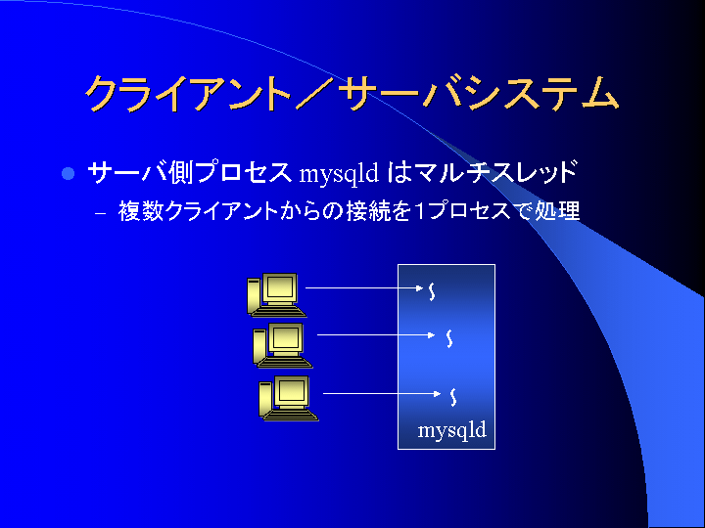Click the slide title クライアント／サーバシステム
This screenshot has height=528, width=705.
click(x=352, y=94)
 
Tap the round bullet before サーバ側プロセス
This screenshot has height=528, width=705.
click(x=68, y=173)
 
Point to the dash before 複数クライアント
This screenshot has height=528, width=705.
click(x=101, y=213)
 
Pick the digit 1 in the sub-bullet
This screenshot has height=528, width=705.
click(x=419, y=211)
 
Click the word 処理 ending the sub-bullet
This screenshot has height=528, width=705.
click(x=557, y=210)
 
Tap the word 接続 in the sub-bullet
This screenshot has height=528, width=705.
click(x=369, y=210)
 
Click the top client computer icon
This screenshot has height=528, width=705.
click(x=275, y=295)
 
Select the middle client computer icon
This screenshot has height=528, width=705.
click(x=282, y=345)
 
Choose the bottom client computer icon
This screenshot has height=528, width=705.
click(x=288, y=400)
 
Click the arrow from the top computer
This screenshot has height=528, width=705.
click(x=364, y=287)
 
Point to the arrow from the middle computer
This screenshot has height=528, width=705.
click(x=376, y=335)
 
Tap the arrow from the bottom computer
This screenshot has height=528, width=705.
click(x=382, y=394)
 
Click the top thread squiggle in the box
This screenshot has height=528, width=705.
click(x=432, y=291)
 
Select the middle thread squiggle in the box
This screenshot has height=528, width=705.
click(x=448, y=338)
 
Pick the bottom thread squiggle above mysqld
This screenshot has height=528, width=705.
click(x=453, y=397)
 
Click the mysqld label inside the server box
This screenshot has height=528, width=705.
click(x=451, y=430)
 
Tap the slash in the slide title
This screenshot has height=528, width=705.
click(x=314, y=94)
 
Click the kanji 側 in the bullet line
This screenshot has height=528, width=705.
click(x=182, y=172)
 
